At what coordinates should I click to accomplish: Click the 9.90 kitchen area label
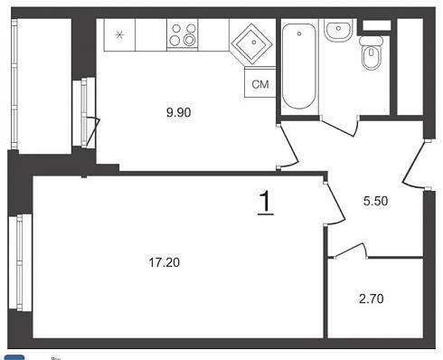click(179, 112)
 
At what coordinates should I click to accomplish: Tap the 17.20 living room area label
click(165, 262)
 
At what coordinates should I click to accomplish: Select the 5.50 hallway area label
click(375, 201)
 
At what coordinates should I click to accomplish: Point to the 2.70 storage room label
click(372, 298)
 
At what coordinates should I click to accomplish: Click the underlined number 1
click(266, 203)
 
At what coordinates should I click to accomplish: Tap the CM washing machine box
click(260, 82)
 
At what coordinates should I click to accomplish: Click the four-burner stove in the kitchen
click(183, 33)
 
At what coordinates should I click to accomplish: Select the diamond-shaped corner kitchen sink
click(252, 43)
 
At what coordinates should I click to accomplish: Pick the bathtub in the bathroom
click(299, 66)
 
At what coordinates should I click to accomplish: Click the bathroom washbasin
click(338, 30)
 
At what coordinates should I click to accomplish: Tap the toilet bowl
click(372, 57)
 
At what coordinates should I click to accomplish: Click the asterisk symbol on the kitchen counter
click(119, 35)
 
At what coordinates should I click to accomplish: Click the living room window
click(20, 261)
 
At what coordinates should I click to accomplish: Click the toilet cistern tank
click(371, 41)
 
